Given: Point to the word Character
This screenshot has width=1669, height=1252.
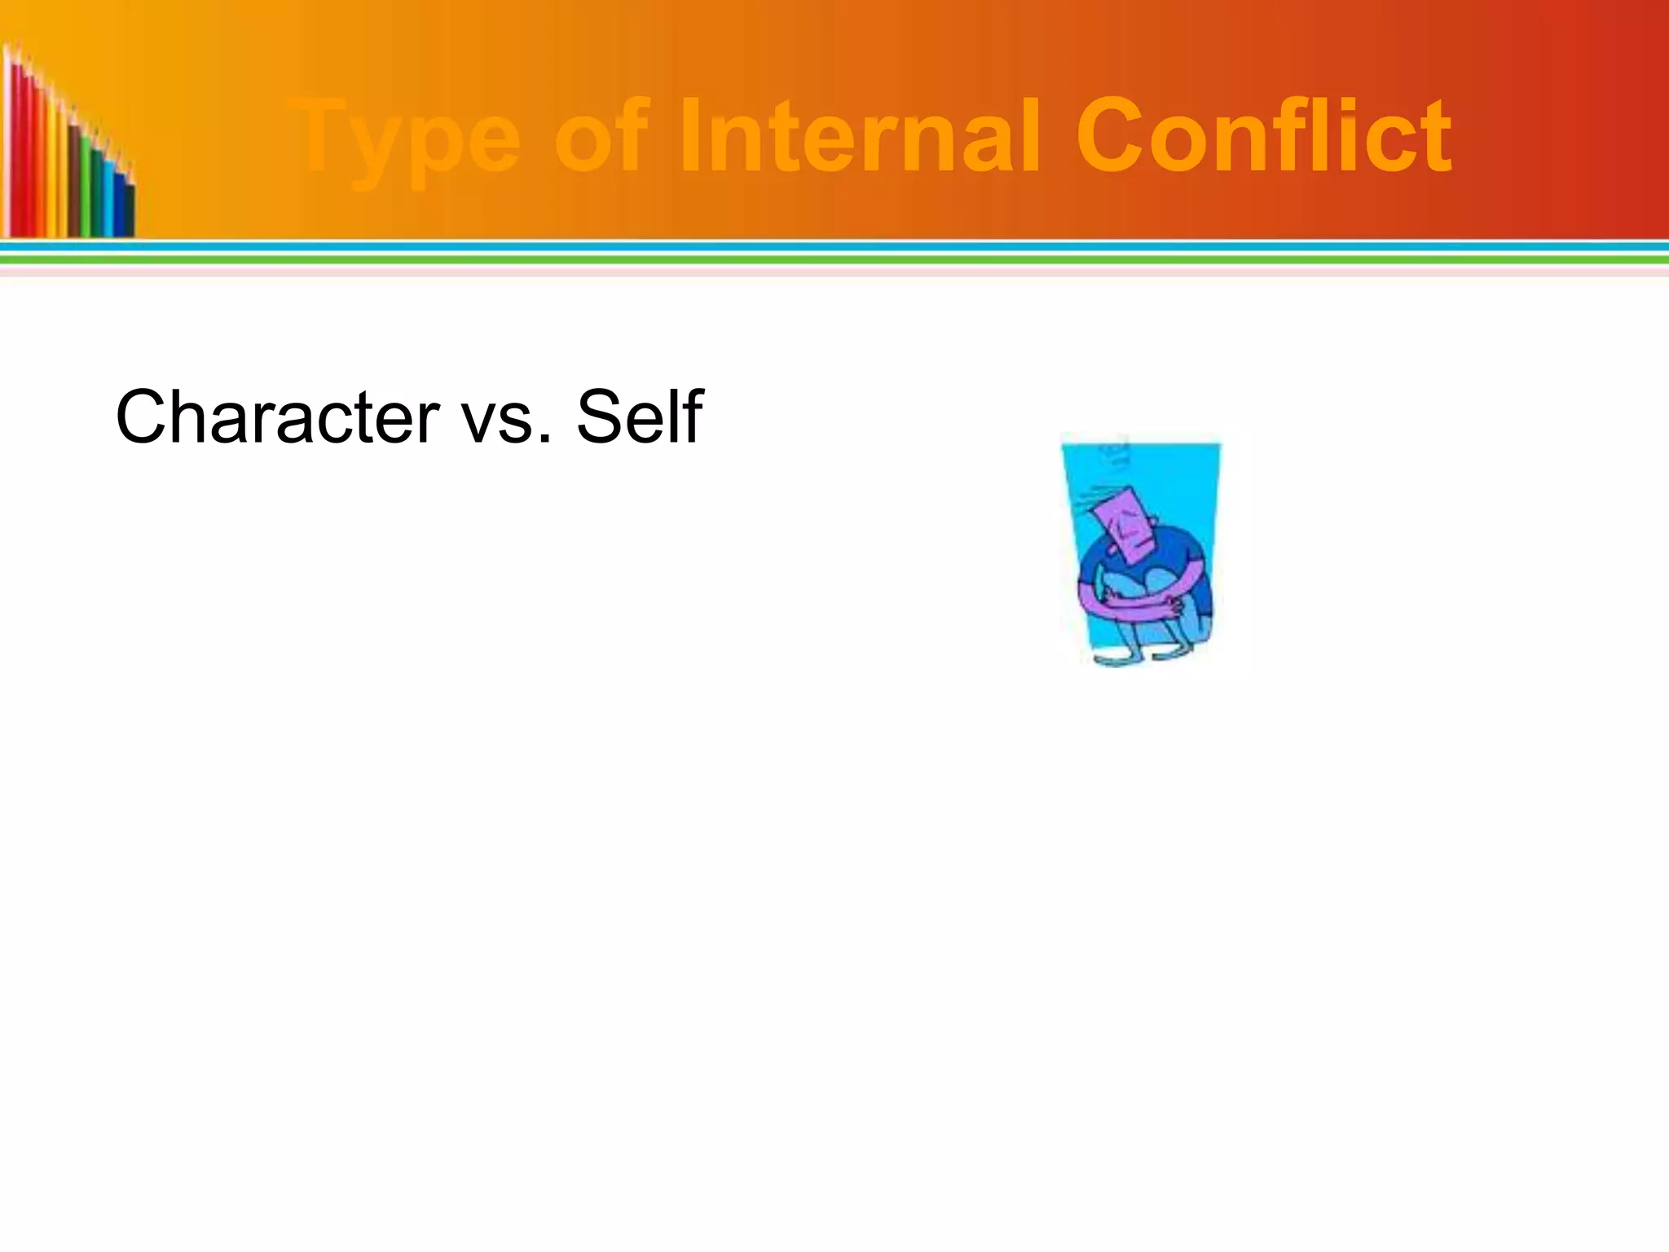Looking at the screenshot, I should coord(277,417).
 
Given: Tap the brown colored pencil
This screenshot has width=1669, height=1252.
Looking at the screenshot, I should coord(73,179).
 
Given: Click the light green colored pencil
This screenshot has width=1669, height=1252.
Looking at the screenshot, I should coord(85,187).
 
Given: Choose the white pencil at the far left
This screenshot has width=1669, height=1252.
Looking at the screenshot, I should coord(7,147).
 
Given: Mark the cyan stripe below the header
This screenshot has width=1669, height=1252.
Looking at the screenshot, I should coord(834,246).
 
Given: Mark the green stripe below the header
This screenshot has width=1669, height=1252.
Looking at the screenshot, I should coord(834,259).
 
